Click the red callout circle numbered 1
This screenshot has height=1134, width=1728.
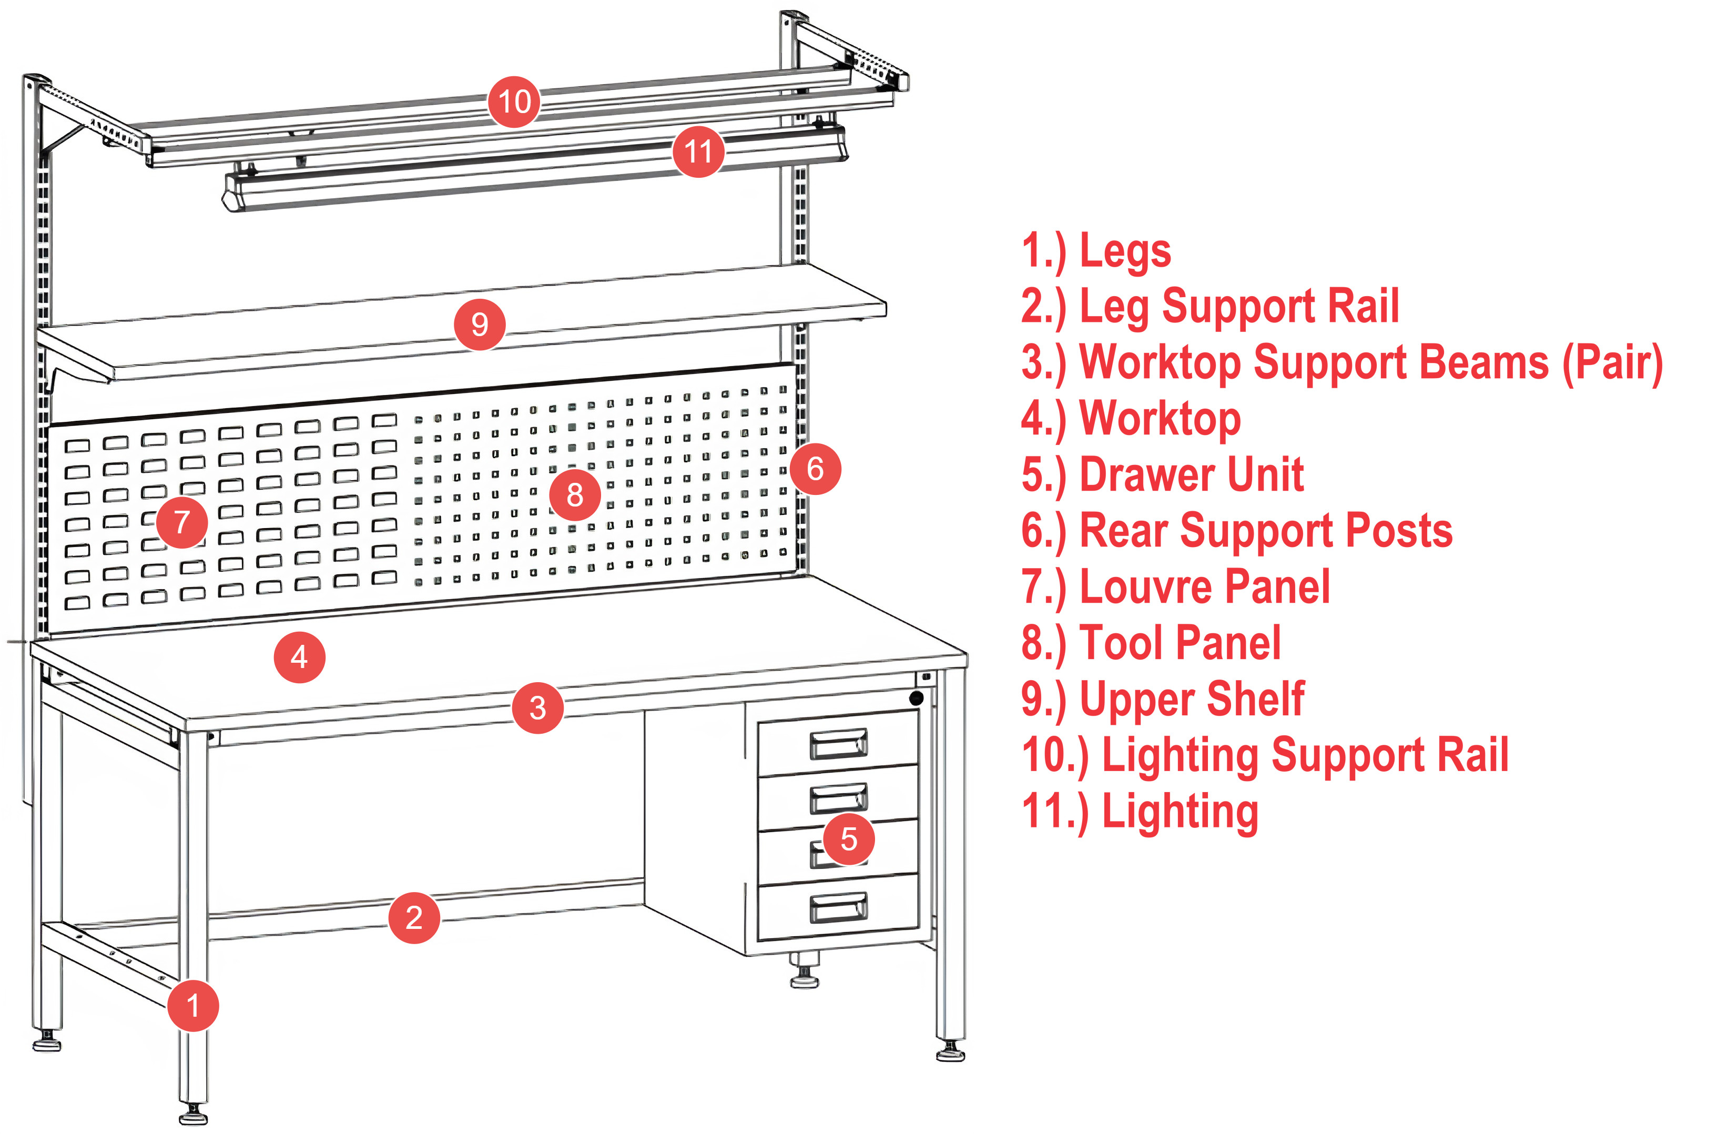coord(192,1006)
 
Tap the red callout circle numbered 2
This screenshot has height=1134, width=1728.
coord(414,918)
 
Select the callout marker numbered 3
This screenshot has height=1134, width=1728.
coord(537,708)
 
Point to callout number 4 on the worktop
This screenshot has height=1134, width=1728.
coord(299,657)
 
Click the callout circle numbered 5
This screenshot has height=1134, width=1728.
coord(848,839)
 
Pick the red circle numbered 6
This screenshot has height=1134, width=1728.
coord(815,469)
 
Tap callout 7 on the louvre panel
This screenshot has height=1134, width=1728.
coord(181,522)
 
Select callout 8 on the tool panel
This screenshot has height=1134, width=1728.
coord(574,495)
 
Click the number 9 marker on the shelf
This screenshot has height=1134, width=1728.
coord(479,324)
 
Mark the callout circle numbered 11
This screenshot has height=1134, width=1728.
coord(698,151)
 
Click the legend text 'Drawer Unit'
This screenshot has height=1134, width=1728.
coord(1191,475)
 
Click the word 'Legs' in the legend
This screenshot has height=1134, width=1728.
coord(1125,251)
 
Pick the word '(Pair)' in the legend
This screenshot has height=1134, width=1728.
coord(1612,362)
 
